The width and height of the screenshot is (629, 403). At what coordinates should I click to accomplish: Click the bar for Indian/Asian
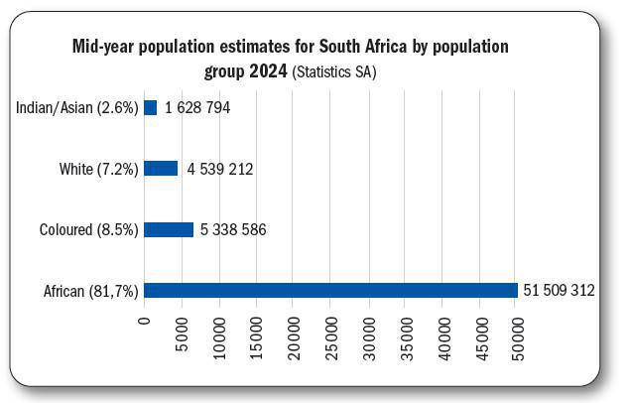[151, 107]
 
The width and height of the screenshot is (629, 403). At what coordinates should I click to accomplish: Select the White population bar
[161, 169]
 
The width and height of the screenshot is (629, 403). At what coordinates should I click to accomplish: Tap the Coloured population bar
[169, 229]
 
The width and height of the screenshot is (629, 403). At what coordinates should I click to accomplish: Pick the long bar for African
[330, 290]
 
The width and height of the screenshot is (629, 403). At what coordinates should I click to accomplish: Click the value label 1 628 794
[197, 107]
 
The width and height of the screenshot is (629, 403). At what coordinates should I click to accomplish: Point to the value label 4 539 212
[219, 169]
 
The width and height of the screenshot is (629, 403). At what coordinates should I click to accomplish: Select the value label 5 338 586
[232, 230]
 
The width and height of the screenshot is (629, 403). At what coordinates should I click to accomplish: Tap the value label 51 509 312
[559, 291]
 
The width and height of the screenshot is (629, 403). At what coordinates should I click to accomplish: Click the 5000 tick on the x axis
[183, 331]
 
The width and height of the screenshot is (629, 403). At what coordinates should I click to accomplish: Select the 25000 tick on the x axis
[331, 335]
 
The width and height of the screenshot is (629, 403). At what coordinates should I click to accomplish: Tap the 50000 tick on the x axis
[518, 335]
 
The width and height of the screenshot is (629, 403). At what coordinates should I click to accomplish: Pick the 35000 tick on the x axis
[407, 335]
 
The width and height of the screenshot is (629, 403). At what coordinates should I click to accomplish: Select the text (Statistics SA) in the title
[334, 72]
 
